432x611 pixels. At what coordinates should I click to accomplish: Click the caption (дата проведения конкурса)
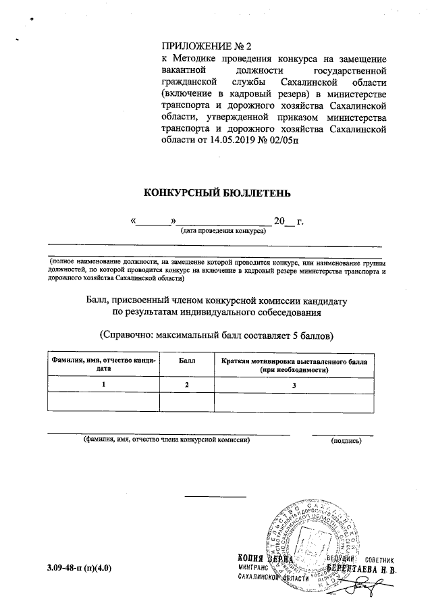(222, 230)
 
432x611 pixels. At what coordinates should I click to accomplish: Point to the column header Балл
(187, 362)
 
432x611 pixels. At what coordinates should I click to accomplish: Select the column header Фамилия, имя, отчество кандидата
(103, 365)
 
